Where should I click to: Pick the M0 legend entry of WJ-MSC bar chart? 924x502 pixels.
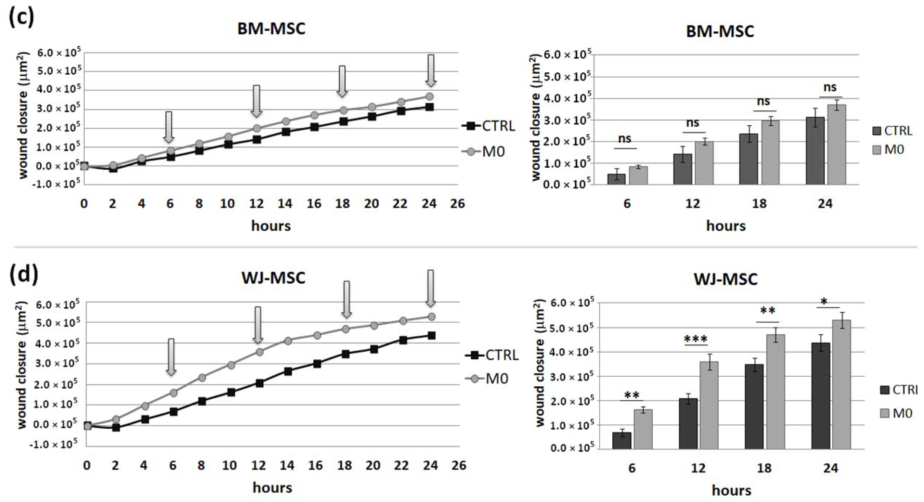pyautogui.click(x=896, y=413)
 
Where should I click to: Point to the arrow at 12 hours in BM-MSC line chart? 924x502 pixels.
pyautogui.click(x=256, y=101)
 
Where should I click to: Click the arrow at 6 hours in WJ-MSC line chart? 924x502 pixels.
pyautogui.click(x=171, y=357)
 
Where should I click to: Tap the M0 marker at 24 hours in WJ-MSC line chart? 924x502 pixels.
pyautogui.click(x=432, y=317)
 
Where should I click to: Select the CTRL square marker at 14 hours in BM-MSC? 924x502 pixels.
pyautogui.click(x=286, y=132)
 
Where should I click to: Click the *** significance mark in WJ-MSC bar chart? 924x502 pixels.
pyautogui.click(x=696, y=339)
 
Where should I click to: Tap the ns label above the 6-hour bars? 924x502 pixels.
pyautogui.click(x=625, y=139)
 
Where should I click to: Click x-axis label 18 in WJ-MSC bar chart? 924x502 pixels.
pyautogui.click(x=764, y=468)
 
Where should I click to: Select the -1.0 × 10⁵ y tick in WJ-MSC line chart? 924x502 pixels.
pyautogui.click(x=58, y=444)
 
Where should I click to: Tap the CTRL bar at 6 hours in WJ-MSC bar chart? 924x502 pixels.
pyautogui.click(x=621, y=441)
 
